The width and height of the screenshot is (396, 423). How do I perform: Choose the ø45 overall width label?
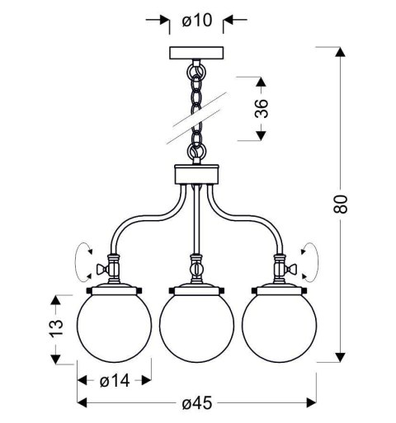[197, 403]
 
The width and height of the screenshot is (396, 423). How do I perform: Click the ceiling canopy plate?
[197, 54]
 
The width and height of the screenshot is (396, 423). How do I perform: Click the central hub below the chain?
[197, 174]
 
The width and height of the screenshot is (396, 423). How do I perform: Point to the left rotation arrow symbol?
[82, 261]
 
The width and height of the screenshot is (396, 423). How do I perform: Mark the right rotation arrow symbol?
[312, 261]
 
